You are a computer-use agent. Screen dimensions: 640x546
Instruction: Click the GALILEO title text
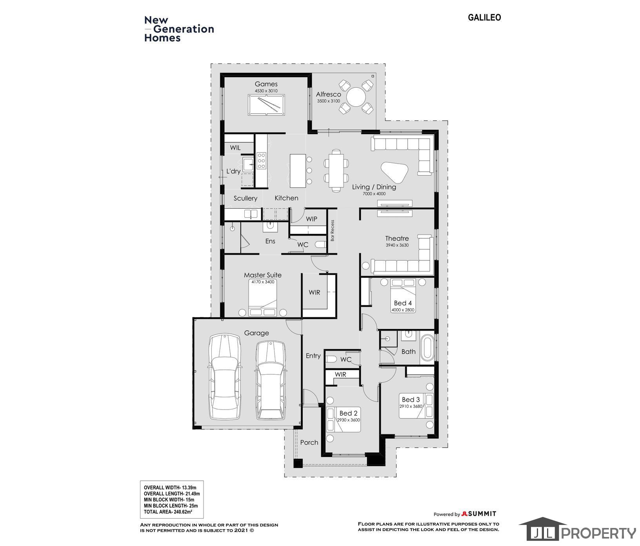pyautogui.click(x=484, y=18)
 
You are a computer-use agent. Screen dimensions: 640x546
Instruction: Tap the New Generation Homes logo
pyautogui.click(x=179, y=29)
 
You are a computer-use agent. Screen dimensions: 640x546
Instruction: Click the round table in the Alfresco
pyautogui.click(x=356, y=96)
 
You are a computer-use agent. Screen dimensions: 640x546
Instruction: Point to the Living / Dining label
pyautogui.click(x=374, y=187)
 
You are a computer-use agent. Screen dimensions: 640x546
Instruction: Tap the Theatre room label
pyautogui.click(x=397, y=238)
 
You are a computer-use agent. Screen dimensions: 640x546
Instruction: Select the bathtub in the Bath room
pyautogui.click(x=427, y=348)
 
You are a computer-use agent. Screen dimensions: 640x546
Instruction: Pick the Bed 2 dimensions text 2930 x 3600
pyautogui.click(x=348, y=420)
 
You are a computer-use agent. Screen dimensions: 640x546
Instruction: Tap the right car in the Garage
pyautogui.click(x=271, y=380)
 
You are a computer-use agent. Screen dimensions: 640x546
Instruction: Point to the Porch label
pyautogui.click(x=309, y=442)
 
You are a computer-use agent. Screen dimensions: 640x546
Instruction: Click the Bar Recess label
pyautogui.click(x=333, y=230)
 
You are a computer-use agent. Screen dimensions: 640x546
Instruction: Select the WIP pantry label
pyautogui.click(x=312, y=219)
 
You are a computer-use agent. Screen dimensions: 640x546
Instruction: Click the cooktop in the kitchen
pyautogui.click(x=261, y=161)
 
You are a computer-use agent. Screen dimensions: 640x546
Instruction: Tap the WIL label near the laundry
pyautogui.click(x=235, y=148)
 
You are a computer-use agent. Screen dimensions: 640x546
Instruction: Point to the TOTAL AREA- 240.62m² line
pyautogui.click(x=168, y=512)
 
